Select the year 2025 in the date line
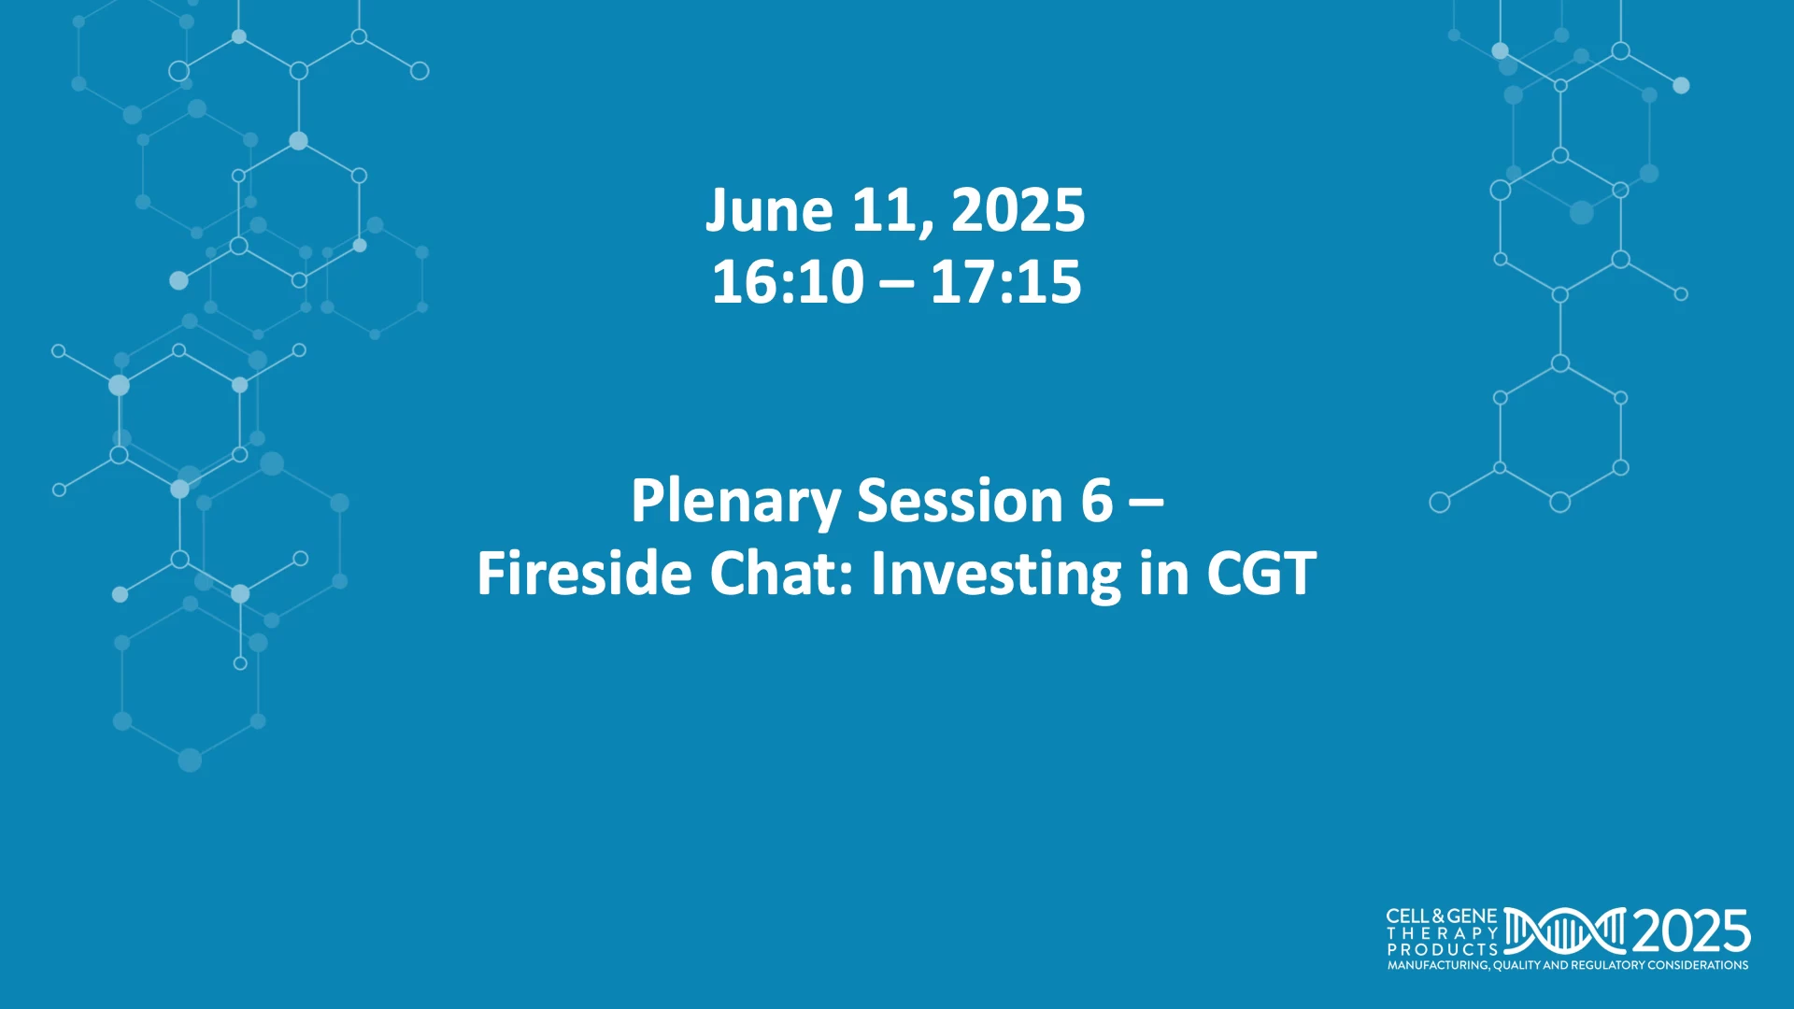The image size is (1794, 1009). (1018, 210)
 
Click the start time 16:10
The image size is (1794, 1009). (788, 282)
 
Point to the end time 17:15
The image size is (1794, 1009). (1005, 282)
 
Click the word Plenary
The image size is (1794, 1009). (735, 502)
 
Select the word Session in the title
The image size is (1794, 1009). (960, 501)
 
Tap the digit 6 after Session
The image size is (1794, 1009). (1097, 501)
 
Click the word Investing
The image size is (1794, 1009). (995, 575)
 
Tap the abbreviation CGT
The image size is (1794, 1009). (1261, 573)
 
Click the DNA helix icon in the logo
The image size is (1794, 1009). (1565, 931)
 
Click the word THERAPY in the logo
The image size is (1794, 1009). (1443, 933)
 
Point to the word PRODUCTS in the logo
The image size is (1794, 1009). (1443, 949)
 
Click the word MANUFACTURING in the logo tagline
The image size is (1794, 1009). (1438, 965)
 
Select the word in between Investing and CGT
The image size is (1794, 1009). (1163, 573)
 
